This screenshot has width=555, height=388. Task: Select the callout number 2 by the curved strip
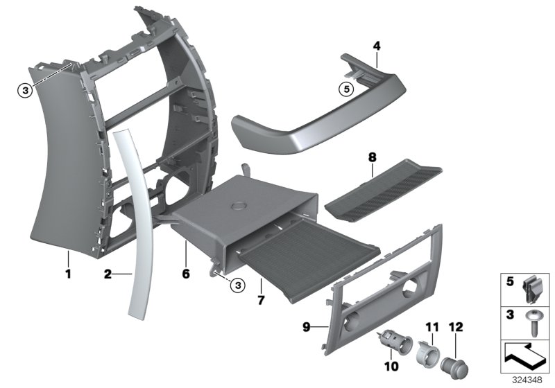tap(108, 275)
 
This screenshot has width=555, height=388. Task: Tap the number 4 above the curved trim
tap(377, 46)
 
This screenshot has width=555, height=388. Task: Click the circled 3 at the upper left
tap(24, 89)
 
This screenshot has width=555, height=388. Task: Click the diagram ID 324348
tap(529, 380)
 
